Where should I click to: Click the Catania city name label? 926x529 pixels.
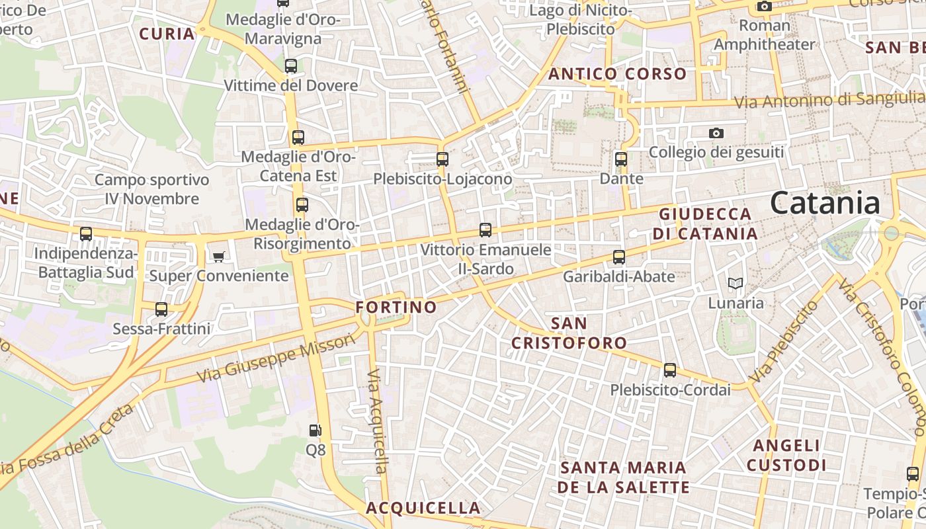pyautogui.click(x=825, y=202)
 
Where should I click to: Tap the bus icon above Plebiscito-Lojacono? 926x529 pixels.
pyautogui.click(x=442, y=159)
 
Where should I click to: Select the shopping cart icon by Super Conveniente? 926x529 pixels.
pyautogui.click(x=218, y=257)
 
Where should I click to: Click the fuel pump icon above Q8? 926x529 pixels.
pyautogui.click(x=316, y=430)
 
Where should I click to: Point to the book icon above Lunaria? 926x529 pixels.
pyautogui.click(x=736, y=284)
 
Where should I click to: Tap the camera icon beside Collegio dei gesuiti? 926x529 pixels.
pyautogui.click(x=716, y=134)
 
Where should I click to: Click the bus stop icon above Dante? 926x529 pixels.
pyautogui.click(x=621, y=159)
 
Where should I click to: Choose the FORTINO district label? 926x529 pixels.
pyautogui.click(x=396, y=307)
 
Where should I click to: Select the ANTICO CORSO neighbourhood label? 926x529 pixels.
pyautogui.click(x=618, y=74)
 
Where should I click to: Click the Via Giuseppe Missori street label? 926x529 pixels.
pyautogui.click(x=276, y=359)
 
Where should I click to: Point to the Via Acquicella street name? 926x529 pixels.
pyautogui.click(x=375, y=421)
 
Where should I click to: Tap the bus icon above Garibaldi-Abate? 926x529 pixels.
pyautogui.click(x=619, y=257)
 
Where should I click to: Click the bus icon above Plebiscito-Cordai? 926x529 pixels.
pyautogui.click(x=670, y=370)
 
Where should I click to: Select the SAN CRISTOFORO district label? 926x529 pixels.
pyautogui.click(x=569, y=333)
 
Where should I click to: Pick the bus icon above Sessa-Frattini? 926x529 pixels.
pyautogui.click(x=161, y=309)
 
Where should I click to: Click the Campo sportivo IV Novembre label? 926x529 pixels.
pyautogui.click(x=151, y=189)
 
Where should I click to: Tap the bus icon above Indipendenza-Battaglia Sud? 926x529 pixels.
pyautogui.click(x=86, y=234)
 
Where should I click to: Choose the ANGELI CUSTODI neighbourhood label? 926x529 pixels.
pyautogui.click(x=786, y=455)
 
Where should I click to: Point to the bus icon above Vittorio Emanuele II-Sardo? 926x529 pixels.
pyautogui.click(x=485, y=231)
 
